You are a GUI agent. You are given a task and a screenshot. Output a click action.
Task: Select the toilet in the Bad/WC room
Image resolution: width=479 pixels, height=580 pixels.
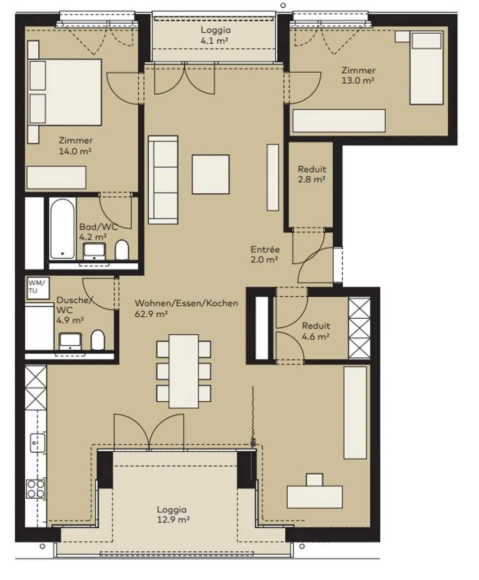[122, 250]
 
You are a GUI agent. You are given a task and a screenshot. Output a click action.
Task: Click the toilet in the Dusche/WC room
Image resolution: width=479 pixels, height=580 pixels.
[97, 340]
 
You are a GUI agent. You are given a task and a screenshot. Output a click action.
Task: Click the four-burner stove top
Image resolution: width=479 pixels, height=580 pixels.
[36, 489]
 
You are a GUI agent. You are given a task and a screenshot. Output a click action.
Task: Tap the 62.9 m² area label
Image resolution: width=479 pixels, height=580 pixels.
[151, 314]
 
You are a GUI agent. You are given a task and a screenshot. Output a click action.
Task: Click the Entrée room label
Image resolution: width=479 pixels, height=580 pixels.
[265, 249]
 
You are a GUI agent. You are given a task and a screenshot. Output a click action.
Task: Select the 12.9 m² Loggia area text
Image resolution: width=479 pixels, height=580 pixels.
[173, 519]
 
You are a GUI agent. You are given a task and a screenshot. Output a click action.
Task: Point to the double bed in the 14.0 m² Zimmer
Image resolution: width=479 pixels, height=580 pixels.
[65, 92]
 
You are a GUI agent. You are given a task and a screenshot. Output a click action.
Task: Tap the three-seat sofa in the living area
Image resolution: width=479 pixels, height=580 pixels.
[163, 180]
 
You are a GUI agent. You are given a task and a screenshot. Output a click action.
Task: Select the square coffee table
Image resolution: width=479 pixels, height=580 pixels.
[211, 174]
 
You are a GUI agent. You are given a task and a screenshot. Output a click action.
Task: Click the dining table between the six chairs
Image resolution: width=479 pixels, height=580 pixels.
[184, 371]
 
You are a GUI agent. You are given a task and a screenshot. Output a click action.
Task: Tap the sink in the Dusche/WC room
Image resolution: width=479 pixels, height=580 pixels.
[70, 341]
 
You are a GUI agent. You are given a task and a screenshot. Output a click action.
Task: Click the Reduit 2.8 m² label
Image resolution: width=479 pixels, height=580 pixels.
[312, 174]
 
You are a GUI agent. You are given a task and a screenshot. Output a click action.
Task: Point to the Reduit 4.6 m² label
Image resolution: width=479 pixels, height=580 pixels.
[316, 331]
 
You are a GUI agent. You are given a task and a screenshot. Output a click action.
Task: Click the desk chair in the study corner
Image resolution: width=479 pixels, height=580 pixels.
[315, 480]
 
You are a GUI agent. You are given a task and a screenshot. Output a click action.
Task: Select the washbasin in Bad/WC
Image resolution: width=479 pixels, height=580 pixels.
[94, 251]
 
